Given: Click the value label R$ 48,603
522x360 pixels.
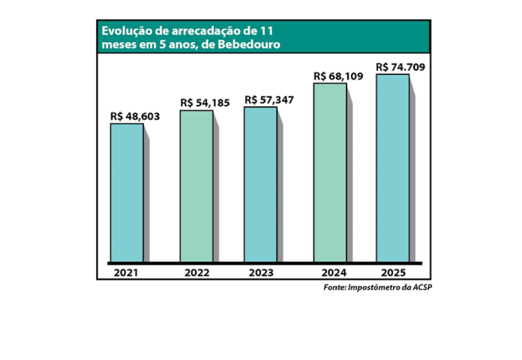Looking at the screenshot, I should [133, 116].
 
